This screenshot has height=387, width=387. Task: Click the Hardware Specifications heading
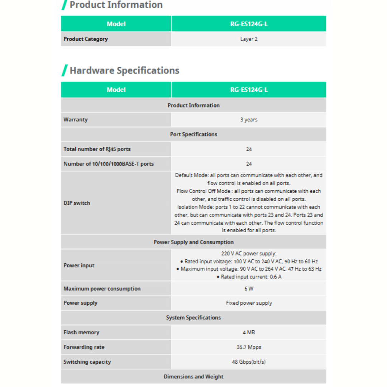click(124, 70)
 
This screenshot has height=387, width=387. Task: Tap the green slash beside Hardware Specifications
click(64, 70)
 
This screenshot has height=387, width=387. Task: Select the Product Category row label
click(86, 39)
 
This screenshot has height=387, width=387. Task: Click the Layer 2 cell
click(249, 39)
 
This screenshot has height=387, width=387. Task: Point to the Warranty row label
click(76, 120)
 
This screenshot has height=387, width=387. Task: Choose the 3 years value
click(249, 120)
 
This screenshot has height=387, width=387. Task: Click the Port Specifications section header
click(193, 134)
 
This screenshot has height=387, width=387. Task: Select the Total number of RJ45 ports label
click(97, 149)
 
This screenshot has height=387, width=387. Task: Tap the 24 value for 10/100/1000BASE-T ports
click(249, 164)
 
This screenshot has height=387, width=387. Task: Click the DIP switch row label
click(77, 203)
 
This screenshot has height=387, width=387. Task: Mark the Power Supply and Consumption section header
click(193, 242)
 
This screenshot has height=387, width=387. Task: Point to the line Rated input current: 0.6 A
click(249, 277)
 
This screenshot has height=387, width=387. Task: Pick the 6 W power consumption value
click(249, 288)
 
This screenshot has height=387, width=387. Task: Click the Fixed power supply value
click(249, 303)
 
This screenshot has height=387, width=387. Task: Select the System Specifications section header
click(193, 317)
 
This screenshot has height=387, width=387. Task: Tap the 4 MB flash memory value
click(249, 333)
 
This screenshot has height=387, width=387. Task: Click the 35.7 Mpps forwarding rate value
click(249, 347)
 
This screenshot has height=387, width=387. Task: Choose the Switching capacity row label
click(87, 362)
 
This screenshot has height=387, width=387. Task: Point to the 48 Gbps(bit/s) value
click(249, 362)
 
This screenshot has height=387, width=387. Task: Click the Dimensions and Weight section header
click(193, 377)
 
